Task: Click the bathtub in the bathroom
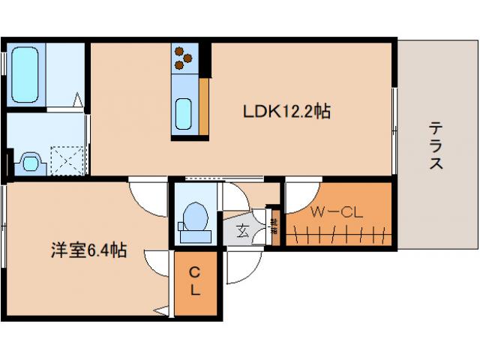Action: click(25, 75)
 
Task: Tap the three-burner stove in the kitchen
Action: click(184, 58)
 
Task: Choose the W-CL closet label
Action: click(337, 212)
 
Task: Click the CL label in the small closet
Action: click(194, 280)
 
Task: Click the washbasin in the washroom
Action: click(30, 161)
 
